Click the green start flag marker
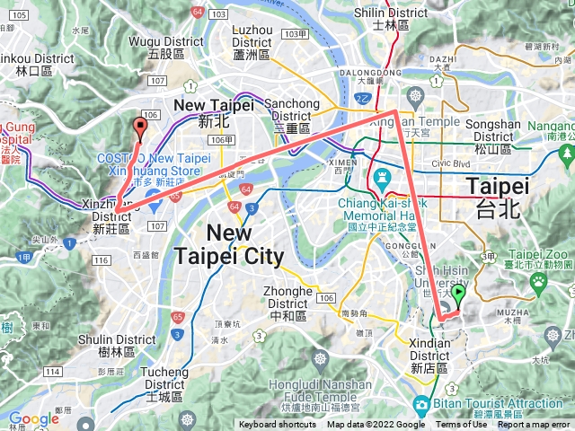[458, 295]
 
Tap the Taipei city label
[498, 194]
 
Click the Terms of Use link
[462, 425]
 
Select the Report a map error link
[535, 425]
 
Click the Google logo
[34, 418]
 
